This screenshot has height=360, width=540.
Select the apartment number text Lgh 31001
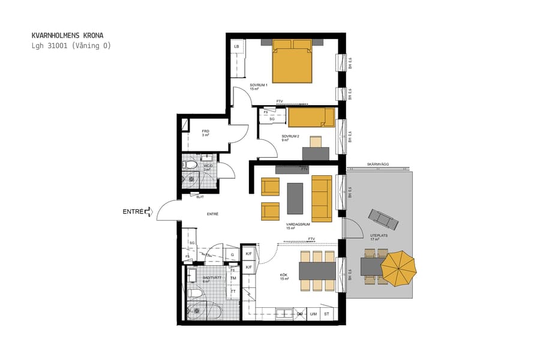pyautogui.click(x=51, y=46)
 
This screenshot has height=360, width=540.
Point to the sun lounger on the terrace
pyautogui.click(x=383, y=220)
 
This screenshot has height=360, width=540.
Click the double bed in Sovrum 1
pyautogui.click(x=293, y=62)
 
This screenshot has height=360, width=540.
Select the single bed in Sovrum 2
pyautogui.click(x=311, y=118)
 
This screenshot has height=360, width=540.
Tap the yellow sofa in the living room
pyautogui.click(x=322, y=198)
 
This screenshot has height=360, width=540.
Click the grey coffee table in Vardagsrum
pyautogui.click(x=295, y=198)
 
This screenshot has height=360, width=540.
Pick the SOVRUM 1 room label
pyautogui.click(x=259, y=86)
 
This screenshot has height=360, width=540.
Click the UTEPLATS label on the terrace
pyautogui.click(x=379, y=236)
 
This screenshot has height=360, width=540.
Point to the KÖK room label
pyautogui.click(x=284, y=277)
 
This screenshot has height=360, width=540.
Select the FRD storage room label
pyautogui.click(x=205, y=131)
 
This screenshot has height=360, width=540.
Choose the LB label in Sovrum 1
pyautogui.click(x=236, y=47)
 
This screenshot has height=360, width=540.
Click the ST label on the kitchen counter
pyautogui.click(x=327, y=314)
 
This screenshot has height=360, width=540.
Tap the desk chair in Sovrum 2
pyautogui.click(x=316, y=142)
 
